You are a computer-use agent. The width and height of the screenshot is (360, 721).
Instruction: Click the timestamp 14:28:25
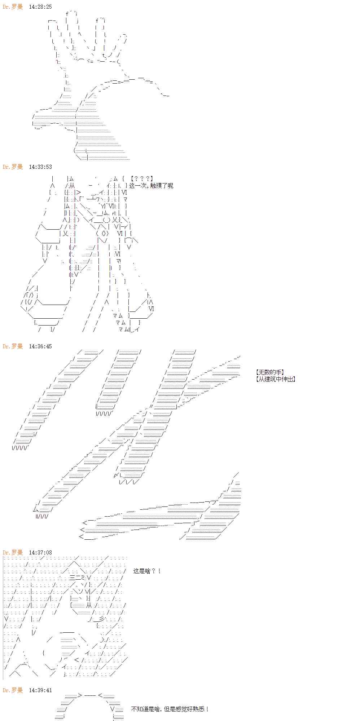pos(40,7)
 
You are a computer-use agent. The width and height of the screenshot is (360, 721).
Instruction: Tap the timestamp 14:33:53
pos(40,167)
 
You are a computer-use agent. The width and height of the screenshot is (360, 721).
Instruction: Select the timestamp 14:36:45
pos(40,346)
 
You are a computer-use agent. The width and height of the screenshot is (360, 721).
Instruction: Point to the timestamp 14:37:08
pos(40,552)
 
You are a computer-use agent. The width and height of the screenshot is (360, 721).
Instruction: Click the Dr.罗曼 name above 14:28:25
pos(13,7)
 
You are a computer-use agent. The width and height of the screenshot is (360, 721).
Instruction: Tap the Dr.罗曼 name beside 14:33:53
pos(13,167)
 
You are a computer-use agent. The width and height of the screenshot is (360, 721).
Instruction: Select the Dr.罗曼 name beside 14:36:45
pos(13,346)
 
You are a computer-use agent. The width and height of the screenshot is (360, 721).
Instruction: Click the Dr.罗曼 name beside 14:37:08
pos(13,552)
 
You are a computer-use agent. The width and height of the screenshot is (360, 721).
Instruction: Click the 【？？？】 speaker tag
pos(142,178)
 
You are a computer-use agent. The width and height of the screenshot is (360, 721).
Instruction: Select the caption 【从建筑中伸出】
pos(275,379)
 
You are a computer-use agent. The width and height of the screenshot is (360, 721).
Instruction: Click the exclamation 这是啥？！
pos(147,571)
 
